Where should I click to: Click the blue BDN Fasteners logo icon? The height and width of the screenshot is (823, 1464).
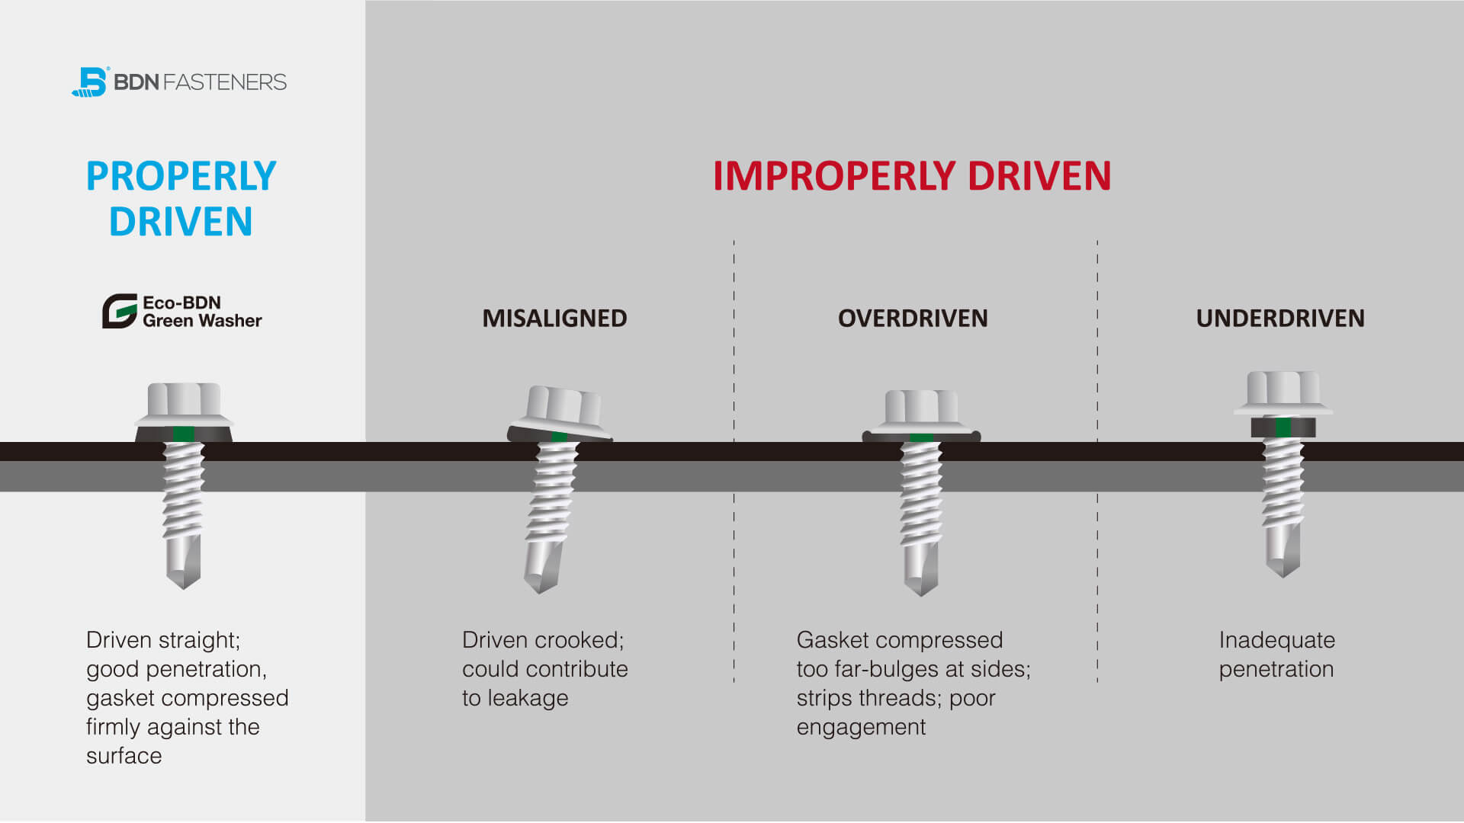point(91,82)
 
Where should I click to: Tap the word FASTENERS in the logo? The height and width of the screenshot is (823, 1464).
point(225,82)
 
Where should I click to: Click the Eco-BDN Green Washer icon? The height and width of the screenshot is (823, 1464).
point(119,311)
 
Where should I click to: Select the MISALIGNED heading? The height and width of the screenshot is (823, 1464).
point(554,319)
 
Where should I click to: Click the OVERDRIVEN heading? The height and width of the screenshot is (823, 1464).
point(913,319)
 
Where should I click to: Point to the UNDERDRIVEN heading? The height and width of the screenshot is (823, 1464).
point(1280,319)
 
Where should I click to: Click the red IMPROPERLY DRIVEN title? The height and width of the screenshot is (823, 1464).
point(912,176)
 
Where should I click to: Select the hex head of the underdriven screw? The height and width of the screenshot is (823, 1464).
point(1283,389)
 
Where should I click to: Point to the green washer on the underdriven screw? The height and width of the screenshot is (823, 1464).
point(1283,428)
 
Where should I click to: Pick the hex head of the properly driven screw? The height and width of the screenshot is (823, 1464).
point(184,399)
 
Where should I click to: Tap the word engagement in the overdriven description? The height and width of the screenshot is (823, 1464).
point(861,728)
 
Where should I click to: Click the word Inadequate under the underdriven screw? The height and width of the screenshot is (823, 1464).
point(1276,640)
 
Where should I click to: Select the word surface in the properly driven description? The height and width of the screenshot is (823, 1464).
point(124,756)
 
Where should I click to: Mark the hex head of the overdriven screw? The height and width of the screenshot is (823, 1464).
point(921,408)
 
